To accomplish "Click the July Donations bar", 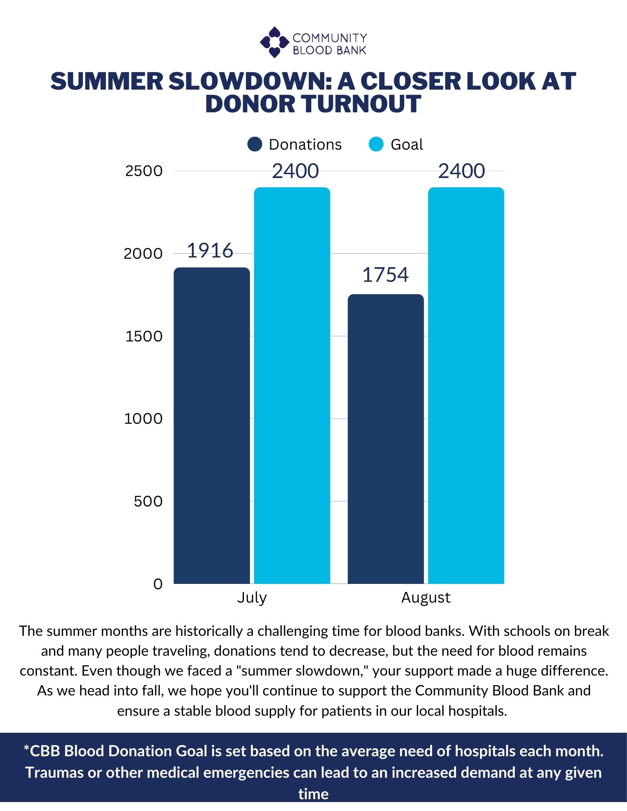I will [x=211, y=426].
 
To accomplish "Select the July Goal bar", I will [x=292, y=385].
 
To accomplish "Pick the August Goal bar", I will [x=466, y=385].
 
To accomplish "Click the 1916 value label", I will [x=210, y=251].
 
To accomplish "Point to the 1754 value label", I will [x=385, y=275].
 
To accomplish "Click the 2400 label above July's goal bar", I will [x=295, y=171].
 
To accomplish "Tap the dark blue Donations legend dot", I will [x=255, y=144].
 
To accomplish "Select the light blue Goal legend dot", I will [x=376, y=144].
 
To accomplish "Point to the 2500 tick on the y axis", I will [x=144, y=171].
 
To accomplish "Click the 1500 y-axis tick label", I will [x=144, y=336].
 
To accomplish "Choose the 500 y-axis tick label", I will [x=148, y=501].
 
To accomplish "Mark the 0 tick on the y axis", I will [x=157, y=584].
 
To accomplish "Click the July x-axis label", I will [x=252, y=598].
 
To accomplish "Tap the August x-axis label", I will [x=426, y=598].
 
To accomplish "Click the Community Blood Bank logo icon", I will [x=274, y=42].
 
